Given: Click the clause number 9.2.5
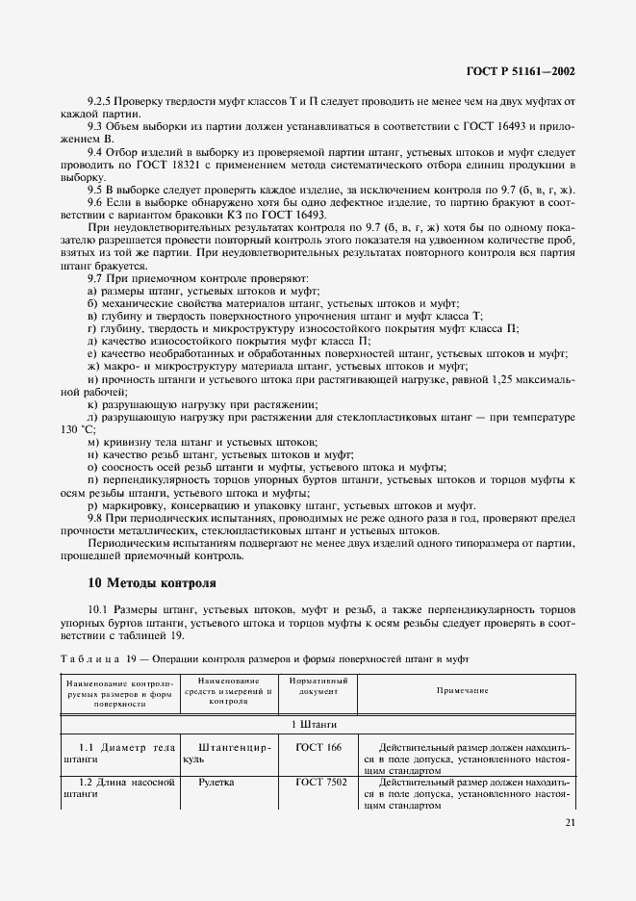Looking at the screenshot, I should coord(101,101).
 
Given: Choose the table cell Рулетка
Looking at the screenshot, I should coord(216,783).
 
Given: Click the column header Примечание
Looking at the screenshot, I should coord(462,690).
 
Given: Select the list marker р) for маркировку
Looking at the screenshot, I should coord(92,504).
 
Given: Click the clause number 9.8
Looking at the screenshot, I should coord(96,517).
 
